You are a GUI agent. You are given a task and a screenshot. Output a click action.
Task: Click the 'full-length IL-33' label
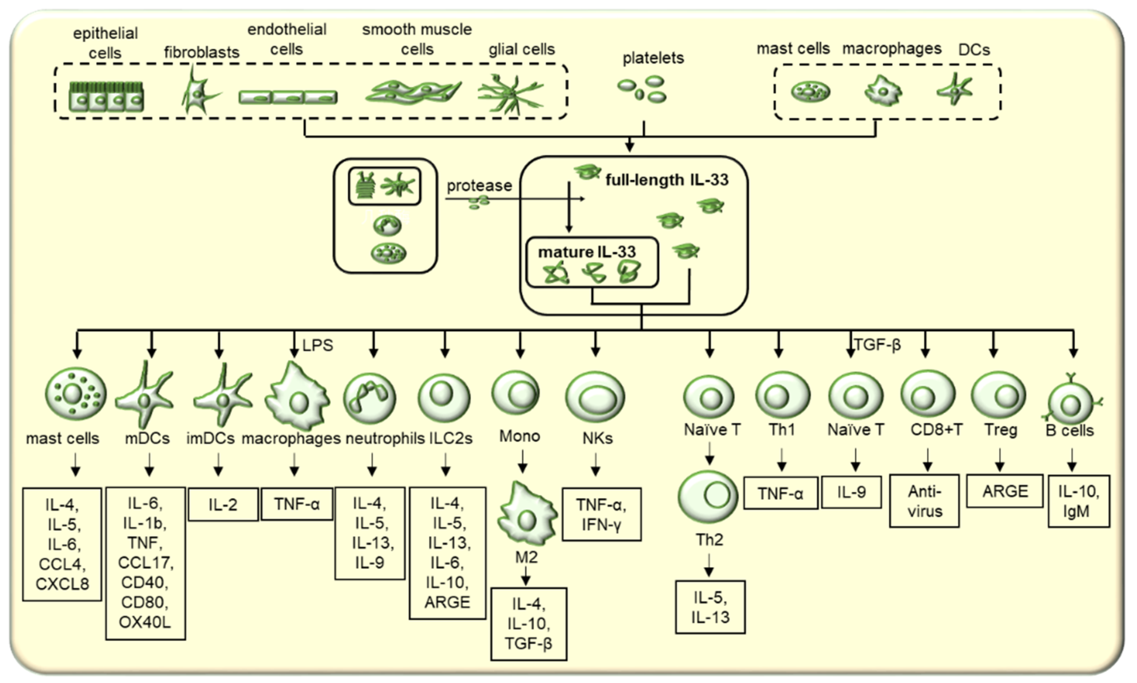pyautogui.click(x=666, y=179)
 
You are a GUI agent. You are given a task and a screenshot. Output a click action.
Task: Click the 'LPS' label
pyautogui.click(x=318, y=345)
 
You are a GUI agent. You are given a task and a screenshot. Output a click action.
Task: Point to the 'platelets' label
pyautogui.click(x=653, y=58)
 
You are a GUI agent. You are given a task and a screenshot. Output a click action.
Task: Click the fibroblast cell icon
pyautogui.click(x=199, y=92)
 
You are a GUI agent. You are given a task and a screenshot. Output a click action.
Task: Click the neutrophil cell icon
pyautogui.click(x=369, y=398)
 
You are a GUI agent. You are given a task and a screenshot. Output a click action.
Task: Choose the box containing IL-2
pyautogui.click(x=223, y=504)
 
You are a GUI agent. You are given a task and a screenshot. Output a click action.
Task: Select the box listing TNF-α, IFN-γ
pyautogui.click(x=601, y=514)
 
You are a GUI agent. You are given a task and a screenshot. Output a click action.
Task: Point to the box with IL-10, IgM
pyautogui.click(x=1078, y=501)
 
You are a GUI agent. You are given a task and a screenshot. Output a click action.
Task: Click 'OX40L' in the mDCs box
pyautogui.click(x=145, y=622)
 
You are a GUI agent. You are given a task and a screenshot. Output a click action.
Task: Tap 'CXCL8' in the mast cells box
pyautogui.click(x=62, y=584)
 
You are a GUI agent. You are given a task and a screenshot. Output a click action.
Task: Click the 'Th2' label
pyautogui.click(x=709, y=540)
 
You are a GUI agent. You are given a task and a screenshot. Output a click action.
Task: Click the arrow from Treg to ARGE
pyautogui.click(x=999, y=460)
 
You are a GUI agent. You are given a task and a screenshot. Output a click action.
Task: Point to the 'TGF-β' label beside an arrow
pyautogui.click(x=877, y=344)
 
